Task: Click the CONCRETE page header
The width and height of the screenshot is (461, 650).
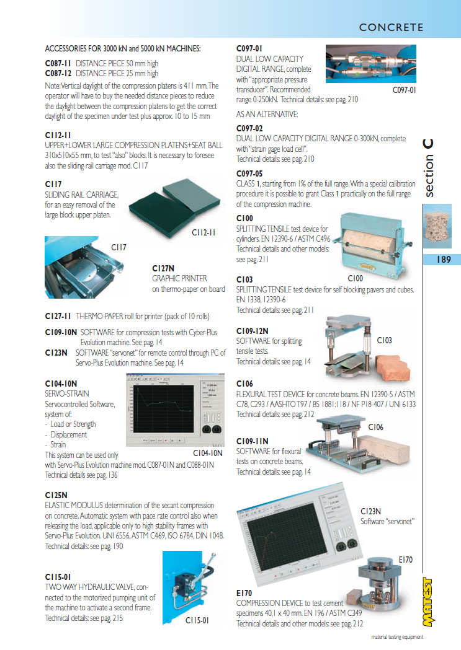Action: click(x=391, y=27)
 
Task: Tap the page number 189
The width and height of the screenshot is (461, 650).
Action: click(x=444, y=260)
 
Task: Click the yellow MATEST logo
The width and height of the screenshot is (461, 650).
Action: click(x=428, y=602)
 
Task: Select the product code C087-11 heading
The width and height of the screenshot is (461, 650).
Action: click(x=58, y=63)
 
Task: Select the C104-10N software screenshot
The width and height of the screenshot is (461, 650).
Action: click(x=175, y=410)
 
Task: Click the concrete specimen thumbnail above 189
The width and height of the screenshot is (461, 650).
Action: click(x=437, y=226)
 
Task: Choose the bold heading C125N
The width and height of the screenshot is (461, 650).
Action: click(x=56, y=495)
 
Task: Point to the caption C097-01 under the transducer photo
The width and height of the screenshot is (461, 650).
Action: click(x=404, y=90)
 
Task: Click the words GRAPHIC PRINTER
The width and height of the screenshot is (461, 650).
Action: click(x=179, y=279)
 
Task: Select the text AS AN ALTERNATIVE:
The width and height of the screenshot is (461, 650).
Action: click(x=267, y=114)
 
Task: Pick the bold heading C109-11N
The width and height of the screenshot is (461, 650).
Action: click(x=253, y=441)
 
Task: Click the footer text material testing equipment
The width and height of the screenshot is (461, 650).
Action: click(x=397, y=637)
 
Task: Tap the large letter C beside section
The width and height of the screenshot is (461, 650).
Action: click(x=428, y=144)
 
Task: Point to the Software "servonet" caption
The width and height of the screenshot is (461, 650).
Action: click(x=387, y=522)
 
